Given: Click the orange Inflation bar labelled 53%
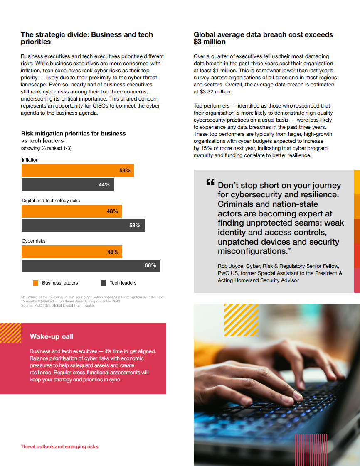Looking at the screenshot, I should point(77,171).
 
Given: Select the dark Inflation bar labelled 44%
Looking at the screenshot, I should point(67,185).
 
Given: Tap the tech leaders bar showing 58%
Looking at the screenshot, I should point(83,226).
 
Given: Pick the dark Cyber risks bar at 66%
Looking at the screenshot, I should point(91,266).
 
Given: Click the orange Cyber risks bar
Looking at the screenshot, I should point(72,252).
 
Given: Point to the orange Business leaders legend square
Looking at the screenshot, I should point(35,283).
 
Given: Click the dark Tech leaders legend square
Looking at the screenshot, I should point(103,283).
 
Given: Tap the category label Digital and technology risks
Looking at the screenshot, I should point(51,201).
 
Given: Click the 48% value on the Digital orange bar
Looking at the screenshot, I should point(112,211).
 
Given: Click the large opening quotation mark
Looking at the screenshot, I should point(210,183).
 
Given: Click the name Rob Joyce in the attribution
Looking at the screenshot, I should point(230,266).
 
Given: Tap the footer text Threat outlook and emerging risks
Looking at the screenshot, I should point(59,446).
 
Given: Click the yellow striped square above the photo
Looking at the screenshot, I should point(241,319).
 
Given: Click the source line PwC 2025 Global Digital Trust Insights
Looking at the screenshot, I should point(58,306).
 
